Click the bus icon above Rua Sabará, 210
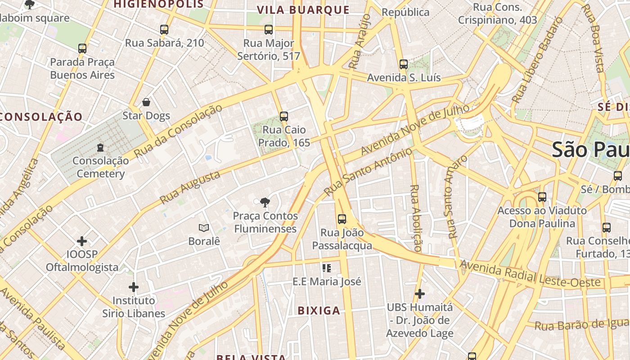point(164,30)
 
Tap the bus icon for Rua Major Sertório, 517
point(269,30)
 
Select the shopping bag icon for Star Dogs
point(146,102)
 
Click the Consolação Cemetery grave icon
point(100,147)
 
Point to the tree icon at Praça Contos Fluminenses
point(265,202)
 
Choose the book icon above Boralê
point(204,228)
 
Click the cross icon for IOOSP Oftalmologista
point(82,241)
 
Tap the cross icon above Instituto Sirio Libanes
point(134,287)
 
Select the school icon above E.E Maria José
point(327,268)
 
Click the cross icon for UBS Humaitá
point(420,294)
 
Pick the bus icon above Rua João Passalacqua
point(342,219)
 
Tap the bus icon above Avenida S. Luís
point(404,64)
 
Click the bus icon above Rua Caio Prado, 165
point(283,117)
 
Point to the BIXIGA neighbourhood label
point(319,310)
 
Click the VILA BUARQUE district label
point(303,10)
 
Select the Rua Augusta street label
point(190,187)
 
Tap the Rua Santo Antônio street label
point(368,171)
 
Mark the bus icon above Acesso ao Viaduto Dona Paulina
point(542,197)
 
